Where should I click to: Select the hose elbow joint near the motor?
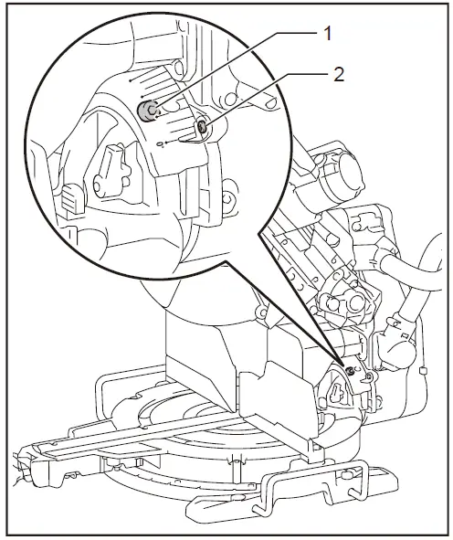(398, 343)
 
